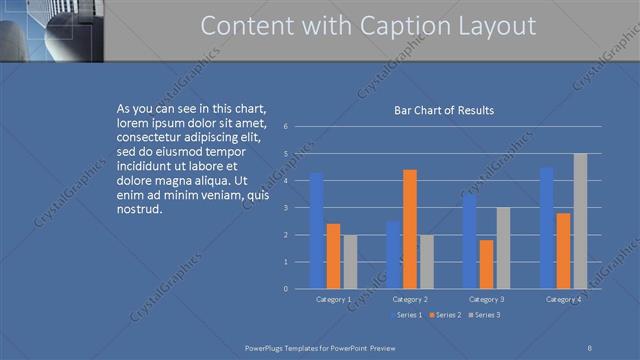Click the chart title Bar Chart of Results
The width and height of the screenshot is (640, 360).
click(x=443, y=110)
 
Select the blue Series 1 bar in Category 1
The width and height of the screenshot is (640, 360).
click(x=317, y=231)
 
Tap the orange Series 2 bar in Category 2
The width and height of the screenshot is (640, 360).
click(x=410, y=229)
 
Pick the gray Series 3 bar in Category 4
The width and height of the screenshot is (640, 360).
click(x=580, y=221)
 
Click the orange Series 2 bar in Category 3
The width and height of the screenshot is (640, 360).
click(x=486, y=264)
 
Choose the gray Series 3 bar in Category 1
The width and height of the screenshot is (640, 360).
click(x=350, y=262)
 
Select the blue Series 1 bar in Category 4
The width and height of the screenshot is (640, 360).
click(x=547, y=228)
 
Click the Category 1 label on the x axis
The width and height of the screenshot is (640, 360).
click(x=333, y=299)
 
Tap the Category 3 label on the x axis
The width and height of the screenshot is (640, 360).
click(x=487, y=299)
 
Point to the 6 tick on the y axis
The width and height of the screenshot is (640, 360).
click(x=286, y=127)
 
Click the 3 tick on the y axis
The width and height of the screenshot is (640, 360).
click(x=286, y=208)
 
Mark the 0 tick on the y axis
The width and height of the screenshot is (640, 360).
click(x=286, y=289)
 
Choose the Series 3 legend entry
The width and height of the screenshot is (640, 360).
click(x=485, y=315)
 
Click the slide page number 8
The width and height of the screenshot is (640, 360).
click(x=589, y=346)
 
